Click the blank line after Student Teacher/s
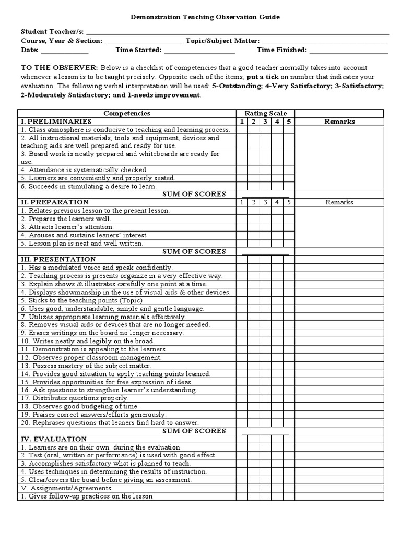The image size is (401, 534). [x=237, y=31]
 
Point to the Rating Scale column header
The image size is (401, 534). [x=265, y=113]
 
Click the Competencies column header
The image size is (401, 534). [x=126, y=113]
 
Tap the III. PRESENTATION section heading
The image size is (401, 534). [x=58, y=259]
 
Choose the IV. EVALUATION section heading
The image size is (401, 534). [x=54, y=439]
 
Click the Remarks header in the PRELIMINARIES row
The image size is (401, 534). [x=339, y=122]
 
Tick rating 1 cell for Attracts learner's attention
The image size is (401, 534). [x=241, y=227]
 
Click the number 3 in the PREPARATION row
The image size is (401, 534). [x=265, y=202]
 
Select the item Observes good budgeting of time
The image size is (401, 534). [x=79, y=406]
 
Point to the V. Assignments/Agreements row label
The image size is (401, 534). [x=66, y=488]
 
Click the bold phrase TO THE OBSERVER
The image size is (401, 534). [x=59, y=68]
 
